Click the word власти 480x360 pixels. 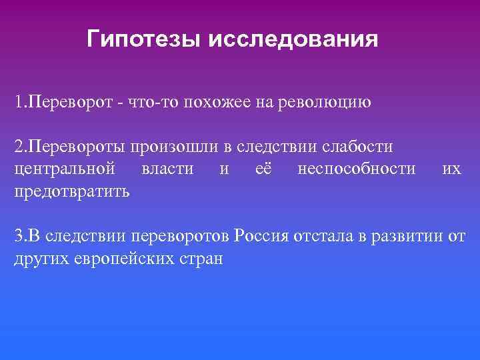pyautogui.click(x=167, y=169)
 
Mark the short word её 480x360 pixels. pyautogui.click(x=263, y=169)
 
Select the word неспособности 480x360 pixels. pyautogui.click(x=357, y=169)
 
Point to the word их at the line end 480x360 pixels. pyautogui.click(x=451, y=169)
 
